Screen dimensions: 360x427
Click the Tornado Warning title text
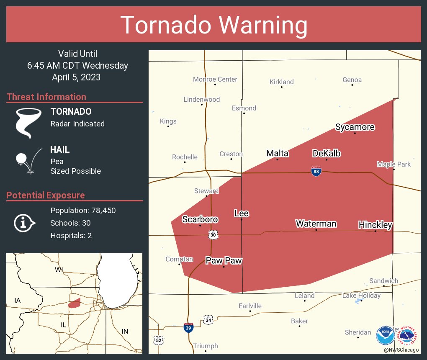click(x=213, y=25)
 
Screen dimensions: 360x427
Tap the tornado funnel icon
click(x=28, y=123)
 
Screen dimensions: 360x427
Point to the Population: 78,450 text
click(x=83, y=210)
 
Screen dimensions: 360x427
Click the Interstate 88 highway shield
click(x=316, y=171)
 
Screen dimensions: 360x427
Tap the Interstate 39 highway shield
click(x=188, y=327)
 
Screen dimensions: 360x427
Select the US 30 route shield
click(x=213, y=235)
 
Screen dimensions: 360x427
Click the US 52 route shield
click(x=158, y=340)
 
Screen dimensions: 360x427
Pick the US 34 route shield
click(x=208, y=320)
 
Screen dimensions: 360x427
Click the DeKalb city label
click(x=327, y=154)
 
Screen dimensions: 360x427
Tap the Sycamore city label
click(x=355, y=127)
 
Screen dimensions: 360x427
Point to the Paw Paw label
click(x=224, y=260)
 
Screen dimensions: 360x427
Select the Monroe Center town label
click(x=215, y=79)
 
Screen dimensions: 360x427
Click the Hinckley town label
click(x=375, y=225)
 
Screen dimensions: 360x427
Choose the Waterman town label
click(x=316, y=224)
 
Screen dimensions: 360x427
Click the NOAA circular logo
click(x=385, y=335)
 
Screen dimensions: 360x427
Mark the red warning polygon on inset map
click(x=75, y=303)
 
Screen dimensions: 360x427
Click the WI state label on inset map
click(x=59, y=270)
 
